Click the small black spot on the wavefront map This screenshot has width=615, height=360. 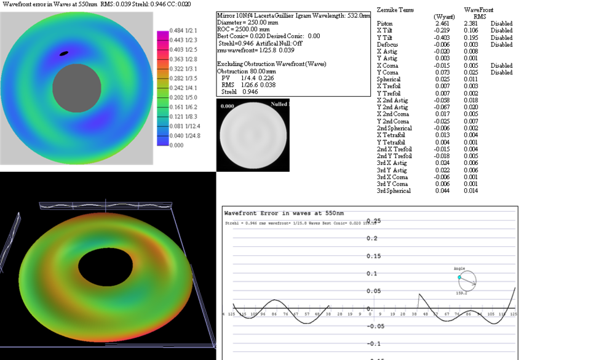point(63,54)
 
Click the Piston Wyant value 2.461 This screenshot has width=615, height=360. point(442,23)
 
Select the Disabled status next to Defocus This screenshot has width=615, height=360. point(501,45)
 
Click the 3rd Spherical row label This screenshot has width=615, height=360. point(394,191)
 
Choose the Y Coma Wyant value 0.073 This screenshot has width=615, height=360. point(442,73)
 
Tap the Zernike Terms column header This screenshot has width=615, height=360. point(395,10)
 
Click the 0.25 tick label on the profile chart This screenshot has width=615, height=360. point(373,221)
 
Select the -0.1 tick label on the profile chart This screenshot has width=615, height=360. point(376,344)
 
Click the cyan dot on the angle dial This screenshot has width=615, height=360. point(459,278)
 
